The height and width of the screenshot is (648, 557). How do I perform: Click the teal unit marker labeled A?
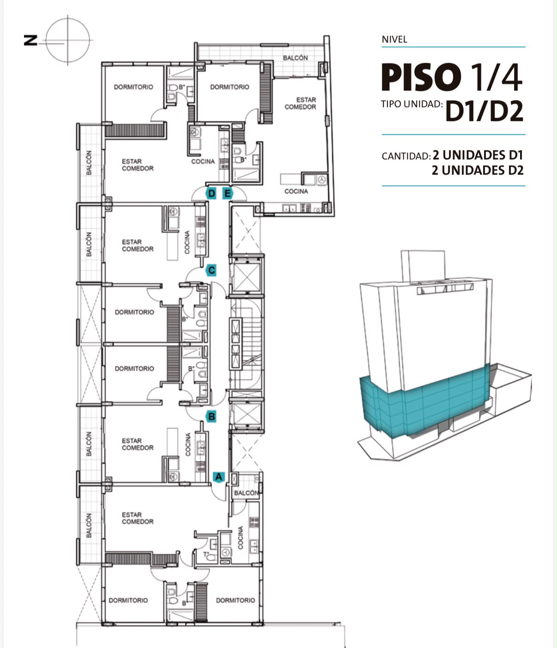pyautogui.click(x=218, y=477)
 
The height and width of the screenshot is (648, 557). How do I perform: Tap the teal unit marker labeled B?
pyautogui.click(x=212, y=417)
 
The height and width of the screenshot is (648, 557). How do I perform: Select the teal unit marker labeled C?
pyautogui.click(x=212, y=270)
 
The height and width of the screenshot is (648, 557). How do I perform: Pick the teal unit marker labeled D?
pyautogui.click(x=212, y=194)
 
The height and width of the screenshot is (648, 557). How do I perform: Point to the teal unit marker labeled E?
pyautogui.click(x=228, y=194)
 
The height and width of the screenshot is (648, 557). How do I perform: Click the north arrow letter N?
pyautogui.click(x=31, y=41)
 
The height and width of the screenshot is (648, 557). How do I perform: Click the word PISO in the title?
pyautogui.click(x=421, y=77)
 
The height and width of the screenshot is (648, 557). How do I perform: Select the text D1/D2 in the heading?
pyautogui.click(x=484, y=111)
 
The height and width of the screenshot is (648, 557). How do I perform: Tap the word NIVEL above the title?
pyautogui.click(x=394, y=40)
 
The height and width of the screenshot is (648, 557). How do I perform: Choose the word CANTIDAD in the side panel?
pyautogui.click(x=406, y=156)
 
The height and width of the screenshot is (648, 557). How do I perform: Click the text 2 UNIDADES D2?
pyautogui.click(x=478, y=170)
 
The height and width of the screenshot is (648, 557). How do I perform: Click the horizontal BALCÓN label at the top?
pyautogui.click(x=295, y=58)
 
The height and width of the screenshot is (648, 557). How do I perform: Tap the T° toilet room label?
pyautogui.click(x=206, y=555)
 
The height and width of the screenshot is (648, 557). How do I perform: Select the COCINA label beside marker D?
pyautogui.click(x=203, y=162)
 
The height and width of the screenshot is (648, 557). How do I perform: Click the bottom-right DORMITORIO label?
pyautogui.click(x=236, y=600)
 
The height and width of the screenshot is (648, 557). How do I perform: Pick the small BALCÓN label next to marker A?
pyautogui.click(x=246, y=493)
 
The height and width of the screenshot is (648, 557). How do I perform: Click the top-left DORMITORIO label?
pyautogui.click(x=133, y=87)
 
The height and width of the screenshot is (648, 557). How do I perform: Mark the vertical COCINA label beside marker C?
pyautogui.click(x=187, y=242)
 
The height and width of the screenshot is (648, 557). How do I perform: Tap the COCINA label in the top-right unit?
pyautogui.click(x=296, y=191)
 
